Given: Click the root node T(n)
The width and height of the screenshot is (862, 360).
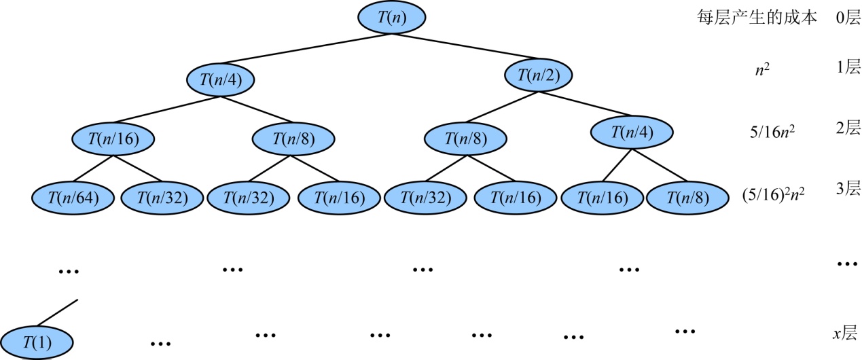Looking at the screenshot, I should click(392, 18).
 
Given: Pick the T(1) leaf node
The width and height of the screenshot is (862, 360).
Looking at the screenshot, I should click(37, 341).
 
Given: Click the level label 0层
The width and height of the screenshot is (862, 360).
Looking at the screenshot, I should click(848, 18).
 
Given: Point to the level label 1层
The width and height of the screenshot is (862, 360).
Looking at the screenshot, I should click(848, 67).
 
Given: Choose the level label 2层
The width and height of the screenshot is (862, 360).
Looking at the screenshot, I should click(848, 128).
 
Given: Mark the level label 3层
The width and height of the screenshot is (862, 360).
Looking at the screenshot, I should click(848, 190).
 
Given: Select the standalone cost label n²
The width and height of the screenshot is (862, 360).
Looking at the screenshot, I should click(763, 69).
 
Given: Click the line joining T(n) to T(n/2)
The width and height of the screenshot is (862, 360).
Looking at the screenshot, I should click(469, 47).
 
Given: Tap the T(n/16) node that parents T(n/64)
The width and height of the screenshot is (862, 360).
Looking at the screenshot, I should click(113, 139).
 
